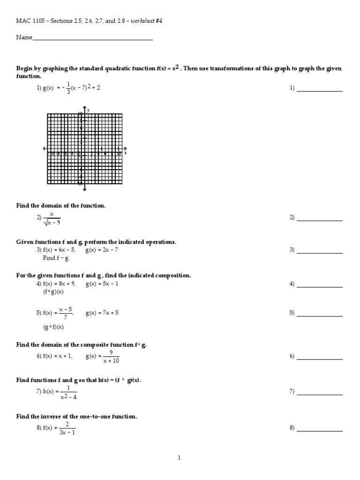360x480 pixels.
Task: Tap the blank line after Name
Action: click(x=92, y=39)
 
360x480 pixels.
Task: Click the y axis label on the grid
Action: click(x=88, y=110)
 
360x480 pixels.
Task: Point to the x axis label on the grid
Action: click(x=126, y=153)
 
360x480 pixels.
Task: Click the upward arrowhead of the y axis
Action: click(x=84, y=109)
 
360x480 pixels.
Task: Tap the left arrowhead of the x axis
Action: click(x=45, y=149)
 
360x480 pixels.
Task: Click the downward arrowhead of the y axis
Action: click(x=84, y=189)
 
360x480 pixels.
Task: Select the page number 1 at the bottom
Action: click(x=180, y=458)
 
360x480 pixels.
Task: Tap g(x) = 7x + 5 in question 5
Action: click(x=102, y=313)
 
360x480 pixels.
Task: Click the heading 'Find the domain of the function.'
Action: click(x=61, y=205)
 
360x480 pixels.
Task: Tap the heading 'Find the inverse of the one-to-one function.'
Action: click(x=77, y=416)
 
